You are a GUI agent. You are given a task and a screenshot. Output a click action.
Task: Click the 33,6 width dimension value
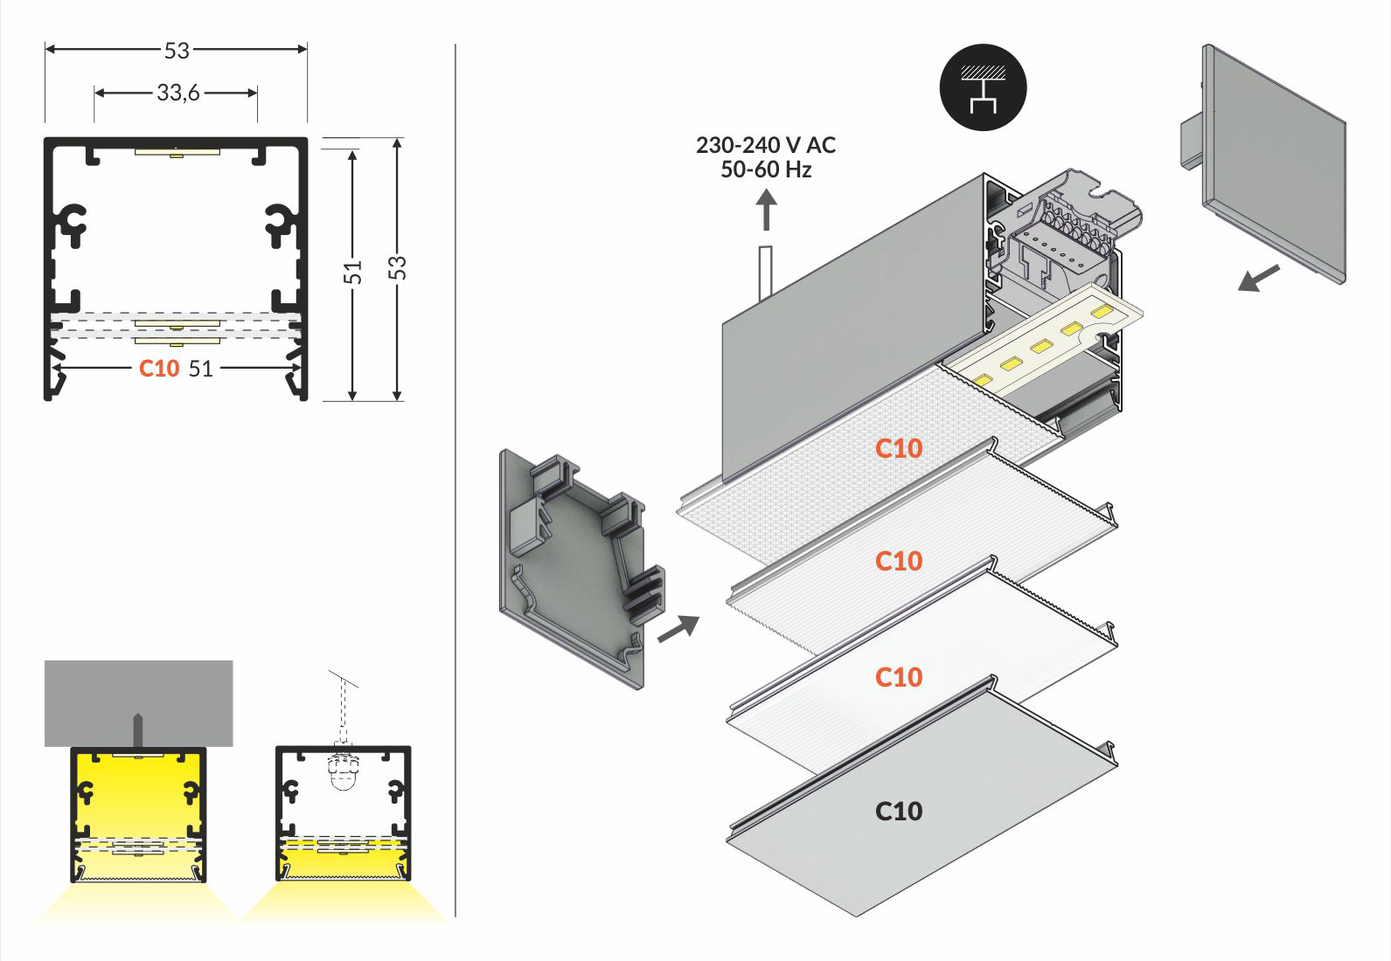(x=178, y=93)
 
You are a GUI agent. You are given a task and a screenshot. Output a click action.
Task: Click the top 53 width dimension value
(x=177, y=51)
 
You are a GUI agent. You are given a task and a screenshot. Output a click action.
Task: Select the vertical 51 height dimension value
(x=353, y=272)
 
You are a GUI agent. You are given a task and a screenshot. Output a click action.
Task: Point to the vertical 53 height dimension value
(x=398, y=267)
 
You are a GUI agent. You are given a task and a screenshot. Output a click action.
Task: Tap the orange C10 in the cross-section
(x=159, y=369)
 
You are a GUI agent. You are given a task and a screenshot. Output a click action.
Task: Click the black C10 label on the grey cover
(x=899, y=812)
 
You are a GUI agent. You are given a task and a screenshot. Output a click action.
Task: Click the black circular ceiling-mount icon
(x=983, y=87)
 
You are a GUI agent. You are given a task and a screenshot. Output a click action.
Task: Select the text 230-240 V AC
(x=766, y=145)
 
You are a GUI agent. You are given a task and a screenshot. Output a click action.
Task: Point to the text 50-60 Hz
(x=766, y=169)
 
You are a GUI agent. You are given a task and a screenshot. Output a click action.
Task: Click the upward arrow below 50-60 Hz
(x=766, y=212)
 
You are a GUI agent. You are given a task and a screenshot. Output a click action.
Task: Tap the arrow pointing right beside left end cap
(x=678, y=628)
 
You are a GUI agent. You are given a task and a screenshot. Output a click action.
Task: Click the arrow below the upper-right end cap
(x=1259, y=280)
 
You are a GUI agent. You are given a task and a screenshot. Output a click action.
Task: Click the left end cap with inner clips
(x=577, y=568)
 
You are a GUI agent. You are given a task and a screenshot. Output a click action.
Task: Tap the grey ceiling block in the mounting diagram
(x=139, y=703)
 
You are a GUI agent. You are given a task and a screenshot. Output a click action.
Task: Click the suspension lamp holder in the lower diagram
(x=343, y=769)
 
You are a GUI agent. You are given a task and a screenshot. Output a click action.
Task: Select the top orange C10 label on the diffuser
(x=899, y=448)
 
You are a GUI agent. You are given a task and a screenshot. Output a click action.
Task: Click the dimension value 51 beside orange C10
(x=201, y=369)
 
